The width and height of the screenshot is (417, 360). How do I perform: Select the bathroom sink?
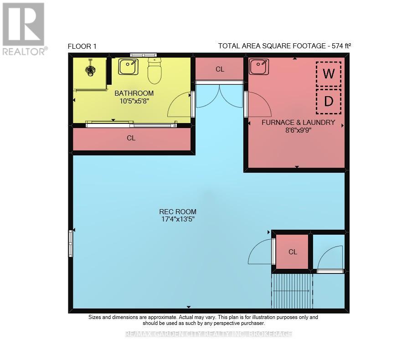tap(128, 67)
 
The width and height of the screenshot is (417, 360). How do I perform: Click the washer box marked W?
tap(328, 74)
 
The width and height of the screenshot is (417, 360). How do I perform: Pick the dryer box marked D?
tap(328, 101)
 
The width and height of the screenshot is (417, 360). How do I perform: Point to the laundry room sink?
tap(259, 67)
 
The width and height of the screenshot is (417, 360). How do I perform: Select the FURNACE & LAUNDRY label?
tap(298, 122)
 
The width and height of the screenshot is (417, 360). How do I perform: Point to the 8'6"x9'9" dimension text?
tap(298, 130)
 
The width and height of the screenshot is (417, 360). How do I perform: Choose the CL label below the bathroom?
tap(131, 138)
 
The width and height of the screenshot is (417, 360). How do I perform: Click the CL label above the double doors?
tap(220, 69)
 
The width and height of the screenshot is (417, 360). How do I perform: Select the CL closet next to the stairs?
tap(293, 252)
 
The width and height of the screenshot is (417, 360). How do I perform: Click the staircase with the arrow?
tap(292, 291)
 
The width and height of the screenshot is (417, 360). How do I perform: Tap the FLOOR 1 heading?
tap(82, 46)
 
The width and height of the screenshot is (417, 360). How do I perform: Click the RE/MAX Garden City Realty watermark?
tap(208, 334)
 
